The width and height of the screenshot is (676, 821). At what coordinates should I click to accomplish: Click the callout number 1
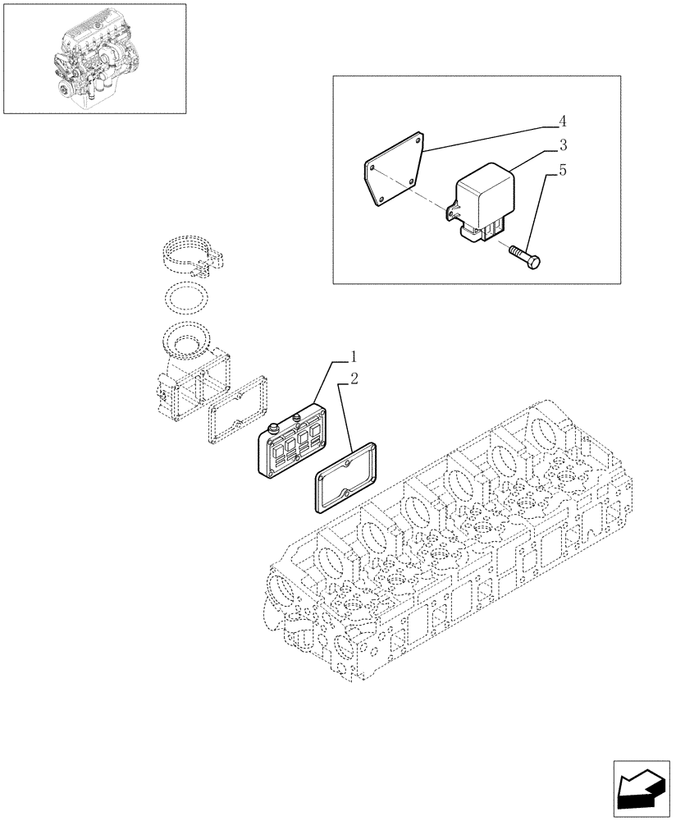point(354,357)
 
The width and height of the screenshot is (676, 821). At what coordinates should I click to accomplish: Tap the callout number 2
point(354,378)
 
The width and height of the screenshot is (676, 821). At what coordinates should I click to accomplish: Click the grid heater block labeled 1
point(291,443)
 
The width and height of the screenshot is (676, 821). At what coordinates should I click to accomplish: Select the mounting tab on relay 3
point(450,213)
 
